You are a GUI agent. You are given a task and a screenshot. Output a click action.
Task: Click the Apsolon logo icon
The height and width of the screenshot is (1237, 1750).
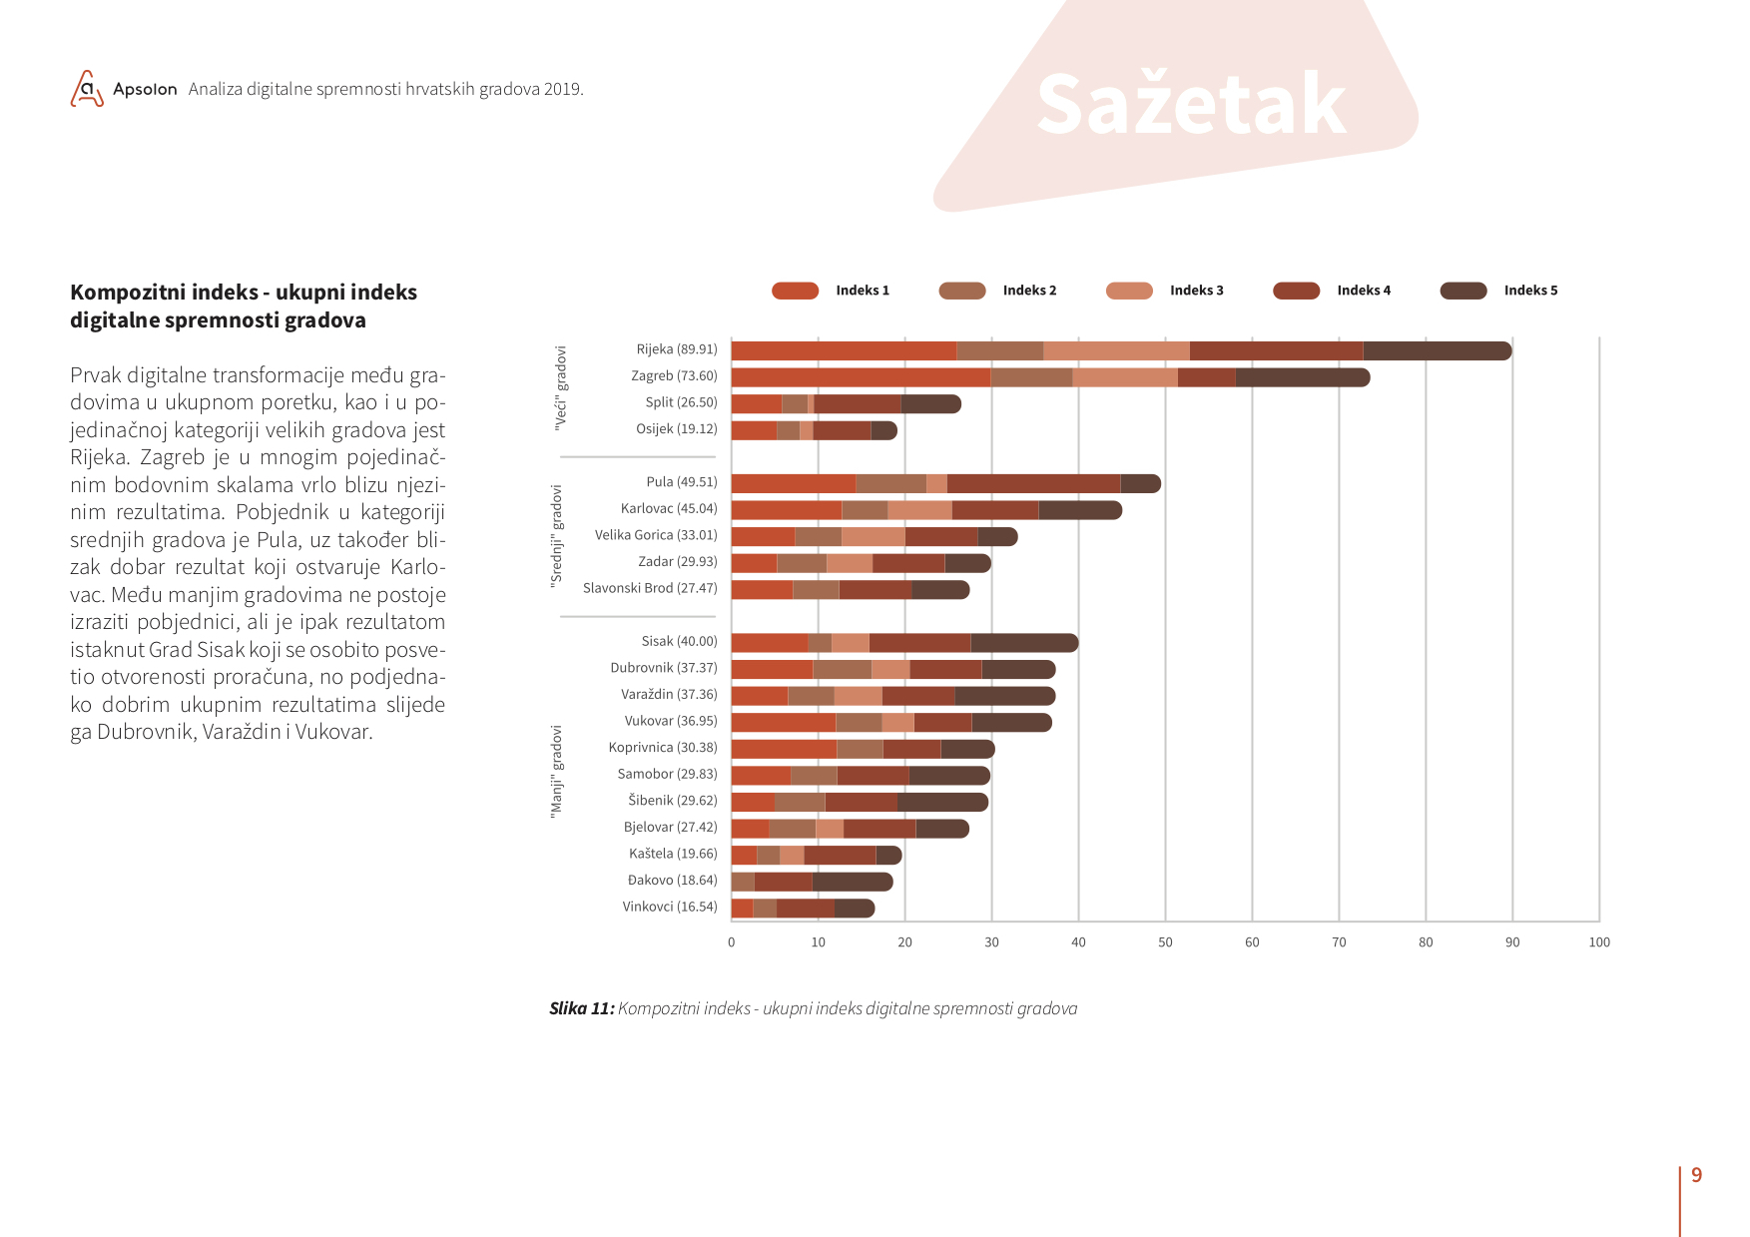click(x=87, y=89)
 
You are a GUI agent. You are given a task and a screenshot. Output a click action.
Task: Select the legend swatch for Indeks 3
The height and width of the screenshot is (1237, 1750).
click(x=1129, y=291)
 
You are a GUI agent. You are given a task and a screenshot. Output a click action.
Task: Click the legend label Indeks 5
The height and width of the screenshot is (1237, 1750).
click(x=1530, y=291)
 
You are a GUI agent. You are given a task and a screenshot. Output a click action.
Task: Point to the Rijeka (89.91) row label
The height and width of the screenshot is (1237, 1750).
click(x=677, y=349)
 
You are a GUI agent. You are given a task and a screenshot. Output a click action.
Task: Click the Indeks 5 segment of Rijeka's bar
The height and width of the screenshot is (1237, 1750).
click(x=1438, y=350)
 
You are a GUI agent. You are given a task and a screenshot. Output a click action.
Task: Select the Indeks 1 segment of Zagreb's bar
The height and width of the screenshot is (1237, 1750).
click(x=861, y=377)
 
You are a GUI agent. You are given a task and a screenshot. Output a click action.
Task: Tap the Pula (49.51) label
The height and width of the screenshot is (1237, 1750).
click(x=682, y=482)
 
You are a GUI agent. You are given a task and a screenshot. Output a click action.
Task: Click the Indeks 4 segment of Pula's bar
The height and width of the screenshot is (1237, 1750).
click(x=1034, y=483)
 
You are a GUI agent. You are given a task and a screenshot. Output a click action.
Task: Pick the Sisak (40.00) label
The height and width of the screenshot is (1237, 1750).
click(x=680, y=641)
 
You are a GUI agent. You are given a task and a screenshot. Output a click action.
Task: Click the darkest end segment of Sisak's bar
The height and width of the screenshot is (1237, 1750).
click(x=1024, y=643)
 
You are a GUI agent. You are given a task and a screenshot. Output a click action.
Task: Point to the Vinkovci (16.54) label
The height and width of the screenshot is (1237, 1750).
click(x=670, y=907)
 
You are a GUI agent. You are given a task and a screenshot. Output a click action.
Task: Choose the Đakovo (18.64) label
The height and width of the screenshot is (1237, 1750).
click(x=673, y=880)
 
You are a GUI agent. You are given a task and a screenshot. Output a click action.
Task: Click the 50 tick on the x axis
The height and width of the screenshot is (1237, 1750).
click(x=1165, y=942)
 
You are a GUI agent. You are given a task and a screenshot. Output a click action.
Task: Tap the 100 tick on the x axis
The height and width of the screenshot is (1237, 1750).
click(x=1599, y=942)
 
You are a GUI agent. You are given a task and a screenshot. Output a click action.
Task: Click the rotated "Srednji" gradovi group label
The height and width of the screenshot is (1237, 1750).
click(x=557, y=536)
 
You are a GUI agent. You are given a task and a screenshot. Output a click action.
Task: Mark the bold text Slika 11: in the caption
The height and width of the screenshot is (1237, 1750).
click(x=582, y=1008)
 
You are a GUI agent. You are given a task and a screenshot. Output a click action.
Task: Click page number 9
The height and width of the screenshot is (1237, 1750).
click(x=1696, y=1175)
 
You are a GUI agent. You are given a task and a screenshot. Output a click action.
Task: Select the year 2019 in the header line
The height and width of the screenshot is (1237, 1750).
click(x=563, y=89)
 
